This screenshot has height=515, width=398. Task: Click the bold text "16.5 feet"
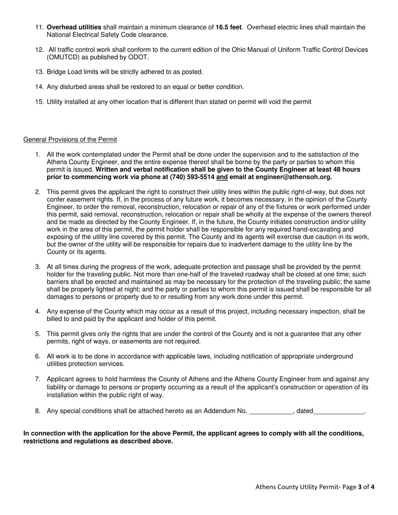tap(228, 27)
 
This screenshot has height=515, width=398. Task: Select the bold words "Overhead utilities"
tap(74, 27)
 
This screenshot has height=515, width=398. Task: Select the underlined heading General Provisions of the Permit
tap(70, 139)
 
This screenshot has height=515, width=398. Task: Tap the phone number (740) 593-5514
tap(192, 177)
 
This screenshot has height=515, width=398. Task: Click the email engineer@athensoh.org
tap(293, 177)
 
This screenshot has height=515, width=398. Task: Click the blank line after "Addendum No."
tap(271, 411)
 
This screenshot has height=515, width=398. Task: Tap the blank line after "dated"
tap(339, 411)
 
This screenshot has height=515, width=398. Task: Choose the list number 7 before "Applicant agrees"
tap(38, 379)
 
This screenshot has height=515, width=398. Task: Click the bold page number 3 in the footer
tap(359, 487)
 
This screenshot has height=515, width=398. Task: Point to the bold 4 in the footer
tap(372, 487)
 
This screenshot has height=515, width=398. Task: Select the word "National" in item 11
tap(59, 35)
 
